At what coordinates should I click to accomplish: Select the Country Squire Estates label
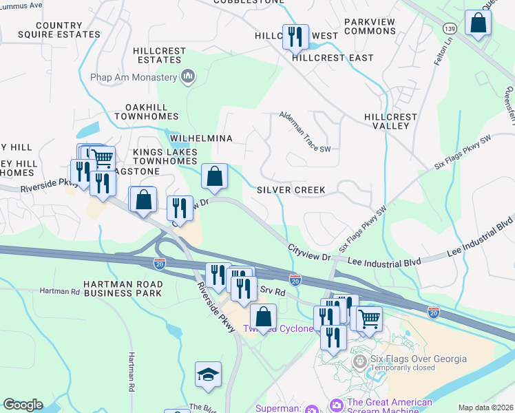pyautogui.click(x=59, y=30)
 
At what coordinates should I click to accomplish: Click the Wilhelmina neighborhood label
pyautogui.click(x=201, y=138)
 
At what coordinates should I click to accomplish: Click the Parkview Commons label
pyautogui.click(x=370, y=26)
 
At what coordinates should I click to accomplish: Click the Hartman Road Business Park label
pyautogui.click(x=123, y=288)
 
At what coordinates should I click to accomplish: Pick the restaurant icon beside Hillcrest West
pyautogui.click(x=295, y=36)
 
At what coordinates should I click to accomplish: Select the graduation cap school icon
pyautogui.click(x=208, y=374)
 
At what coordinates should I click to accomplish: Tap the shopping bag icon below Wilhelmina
pyautogui.click(x=215, y=176)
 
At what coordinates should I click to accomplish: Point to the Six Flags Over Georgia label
pyautogui.click(x=419, y=359)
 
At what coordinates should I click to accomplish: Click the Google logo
pyautogui.click(x=23, y=405)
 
